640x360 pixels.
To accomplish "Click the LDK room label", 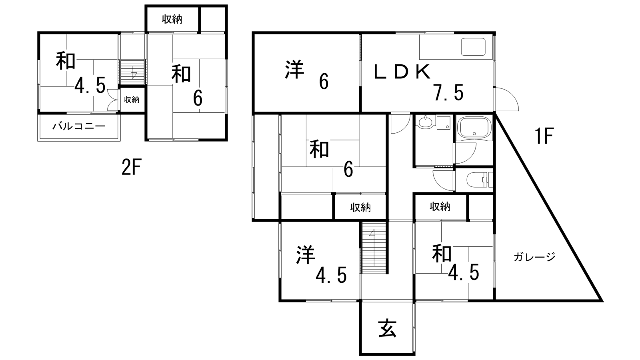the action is (402, 72).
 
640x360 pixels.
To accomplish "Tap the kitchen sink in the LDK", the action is (473, 47).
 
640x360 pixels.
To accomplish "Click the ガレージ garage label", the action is (534, 256).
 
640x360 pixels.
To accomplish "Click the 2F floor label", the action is (132, 167).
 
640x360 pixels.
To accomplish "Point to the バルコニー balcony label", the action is (79, 126).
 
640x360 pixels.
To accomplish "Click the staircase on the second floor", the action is (132, 72).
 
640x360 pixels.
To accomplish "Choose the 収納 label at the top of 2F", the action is (172, 19).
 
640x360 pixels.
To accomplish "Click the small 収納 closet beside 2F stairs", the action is (132, 100).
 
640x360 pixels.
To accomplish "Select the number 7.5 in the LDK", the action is (448, 92).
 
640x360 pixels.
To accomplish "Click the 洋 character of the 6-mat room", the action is (294, 70).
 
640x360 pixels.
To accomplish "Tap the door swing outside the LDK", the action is (506, 99).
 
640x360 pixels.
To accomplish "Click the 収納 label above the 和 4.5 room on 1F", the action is (440, 206).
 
